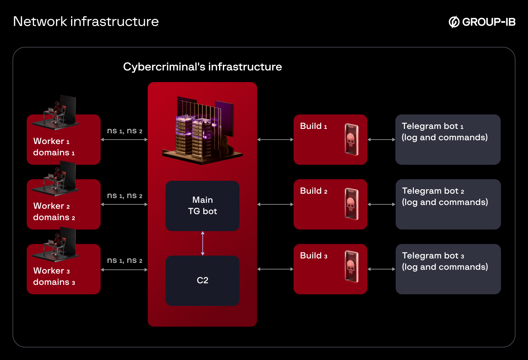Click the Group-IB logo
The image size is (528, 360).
pos(482,22)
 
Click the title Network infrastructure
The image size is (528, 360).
pos(86,22)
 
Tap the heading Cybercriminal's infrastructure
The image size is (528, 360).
pos(202,67)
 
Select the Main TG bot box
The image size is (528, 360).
pos(202,206)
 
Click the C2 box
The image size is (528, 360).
pos(202,280)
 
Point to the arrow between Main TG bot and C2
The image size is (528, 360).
pos(203,243)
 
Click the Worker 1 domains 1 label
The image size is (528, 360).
pos(54,147)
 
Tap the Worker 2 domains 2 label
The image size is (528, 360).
pos(54,212)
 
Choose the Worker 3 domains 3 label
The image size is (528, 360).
pos(54,276)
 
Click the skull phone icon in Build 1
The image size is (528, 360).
pos(351,140)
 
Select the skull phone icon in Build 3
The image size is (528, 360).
pos(351,267)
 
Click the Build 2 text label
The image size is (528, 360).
pos(313,191)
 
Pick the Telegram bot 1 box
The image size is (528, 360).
pos(448,140)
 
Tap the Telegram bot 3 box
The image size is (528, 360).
pos(448,269)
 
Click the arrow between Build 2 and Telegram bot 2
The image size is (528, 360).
pos(381,204)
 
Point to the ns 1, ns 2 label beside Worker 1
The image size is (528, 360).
pos(124,131)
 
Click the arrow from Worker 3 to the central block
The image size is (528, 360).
pos(124,270)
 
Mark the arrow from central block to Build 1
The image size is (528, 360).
pos(275,140)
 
